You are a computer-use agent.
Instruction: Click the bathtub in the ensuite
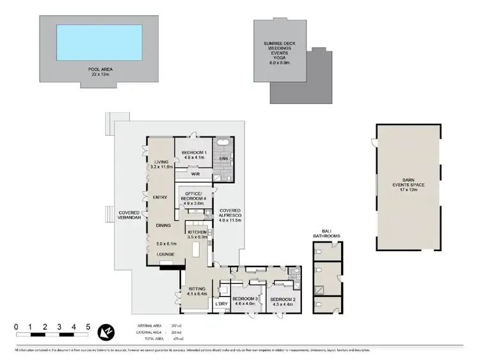[x=224, y=143]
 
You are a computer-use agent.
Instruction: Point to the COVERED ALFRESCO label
[x=230, y=215]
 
